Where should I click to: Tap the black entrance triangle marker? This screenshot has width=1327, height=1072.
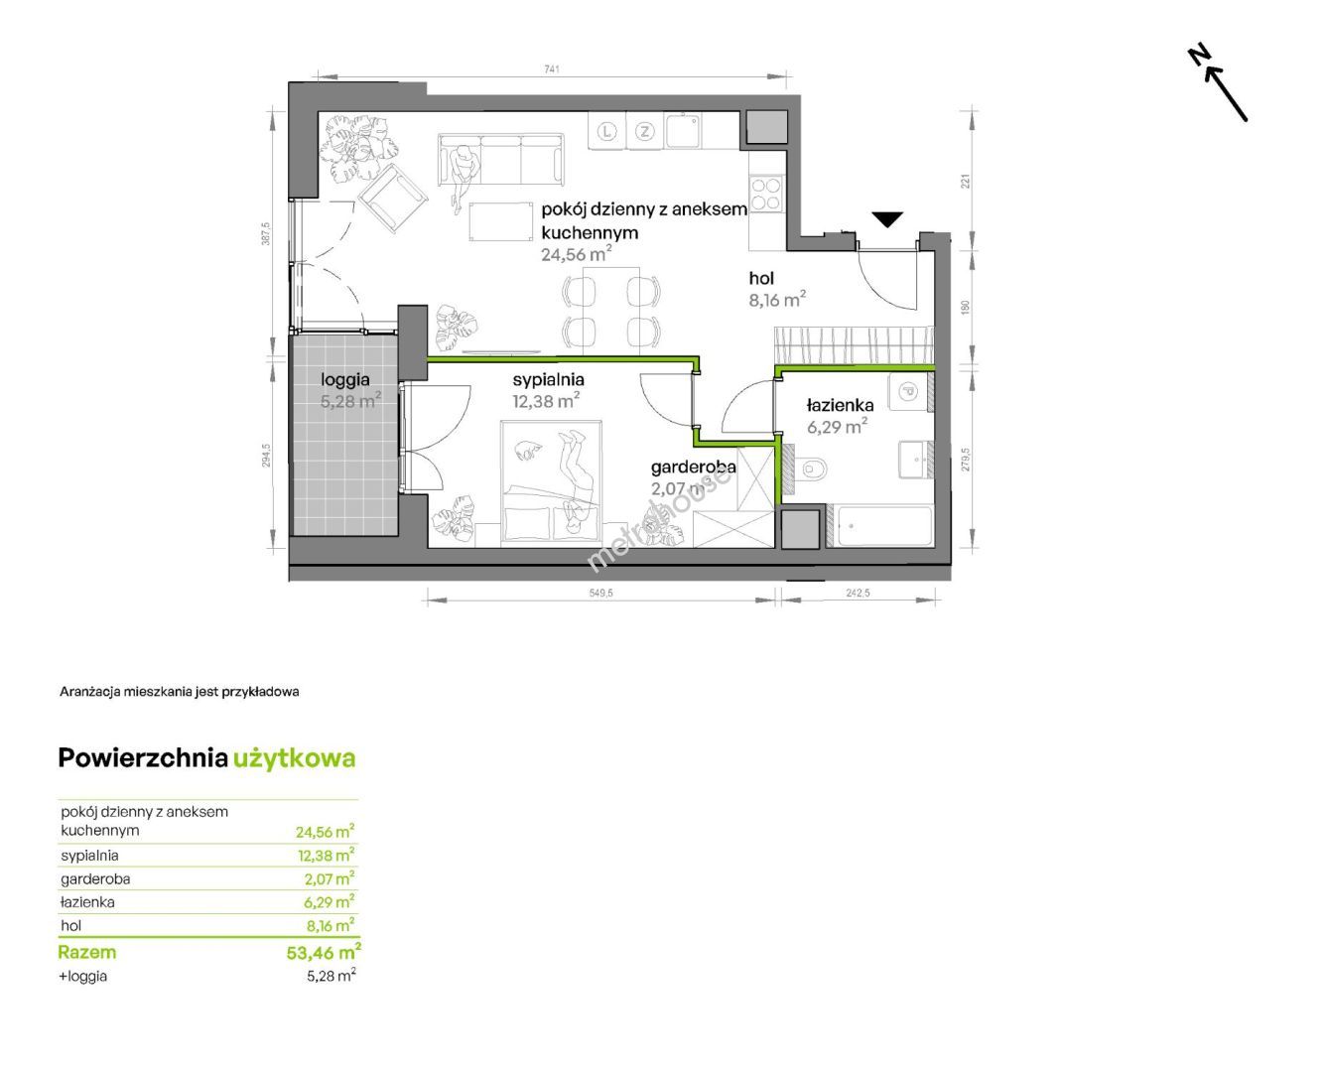click(886, 219)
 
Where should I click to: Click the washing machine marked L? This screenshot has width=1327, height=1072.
click(606, 131)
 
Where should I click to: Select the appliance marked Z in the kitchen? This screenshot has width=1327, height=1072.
click(644, 131)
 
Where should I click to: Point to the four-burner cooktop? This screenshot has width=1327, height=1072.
click(766, 194)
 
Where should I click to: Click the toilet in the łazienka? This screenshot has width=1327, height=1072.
click(809, 468)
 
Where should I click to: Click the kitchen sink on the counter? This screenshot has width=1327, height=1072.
click(683, 131)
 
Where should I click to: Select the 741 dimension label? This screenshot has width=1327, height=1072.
click(552, 68)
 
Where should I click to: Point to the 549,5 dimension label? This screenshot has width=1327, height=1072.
click(600, 593)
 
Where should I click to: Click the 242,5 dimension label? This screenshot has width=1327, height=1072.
click(858, 593)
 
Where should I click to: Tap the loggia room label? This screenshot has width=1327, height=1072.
click(345, 380)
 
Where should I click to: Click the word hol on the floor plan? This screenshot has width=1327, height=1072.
click(761, 278)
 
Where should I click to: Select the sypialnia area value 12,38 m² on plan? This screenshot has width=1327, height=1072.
click(546, 401)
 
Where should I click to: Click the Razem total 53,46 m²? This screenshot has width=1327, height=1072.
click(324, 952)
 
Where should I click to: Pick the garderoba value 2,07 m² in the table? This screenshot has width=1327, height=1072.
click(329, 878)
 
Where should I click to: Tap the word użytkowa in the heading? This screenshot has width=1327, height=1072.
click(294, 758)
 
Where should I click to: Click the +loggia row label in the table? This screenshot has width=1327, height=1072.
click(82, 976)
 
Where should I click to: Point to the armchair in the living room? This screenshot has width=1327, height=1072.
click(392, 198)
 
